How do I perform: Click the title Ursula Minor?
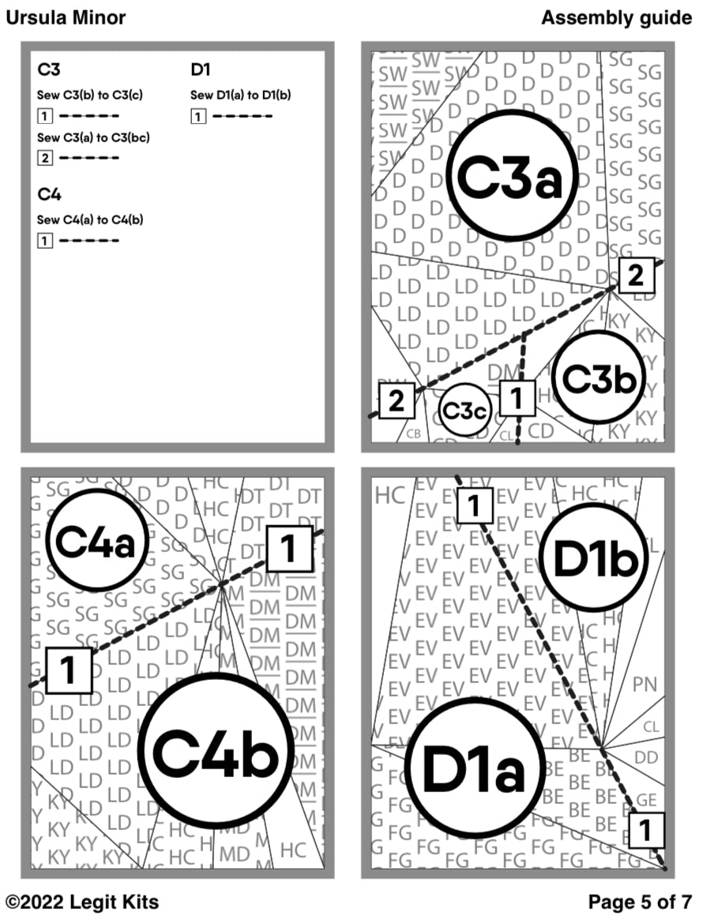66,17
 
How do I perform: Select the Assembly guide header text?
616,17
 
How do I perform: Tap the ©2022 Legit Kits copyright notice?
83,902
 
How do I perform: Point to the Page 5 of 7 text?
640,902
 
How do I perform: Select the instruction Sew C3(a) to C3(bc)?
93,137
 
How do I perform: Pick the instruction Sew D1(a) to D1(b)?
241,96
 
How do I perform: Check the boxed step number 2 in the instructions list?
45,158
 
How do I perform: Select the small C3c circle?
464,411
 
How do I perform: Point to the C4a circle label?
97,542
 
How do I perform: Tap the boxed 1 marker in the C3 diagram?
517,399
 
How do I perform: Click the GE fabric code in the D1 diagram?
645,799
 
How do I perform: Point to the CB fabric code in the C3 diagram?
413,433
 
